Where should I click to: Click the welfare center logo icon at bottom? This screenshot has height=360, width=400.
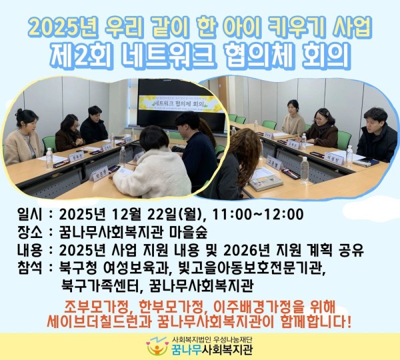(157, 347)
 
